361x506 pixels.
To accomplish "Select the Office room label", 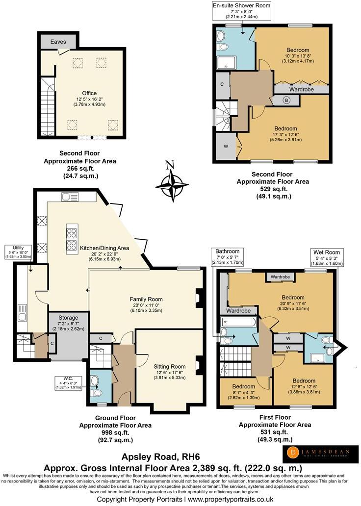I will (89, 97).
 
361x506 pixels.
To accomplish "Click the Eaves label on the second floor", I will (58, 42).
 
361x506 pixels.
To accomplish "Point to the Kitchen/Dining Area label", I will (104, 252).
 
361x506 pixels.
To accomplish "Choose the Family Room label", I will (146, 303).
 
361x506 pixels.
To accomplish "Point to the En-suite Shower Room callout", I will (241, 10).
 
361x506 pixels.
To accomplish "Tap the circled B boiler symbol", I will (286, 100).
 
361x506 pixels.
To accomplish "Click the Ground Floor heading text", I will (111, 419).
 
